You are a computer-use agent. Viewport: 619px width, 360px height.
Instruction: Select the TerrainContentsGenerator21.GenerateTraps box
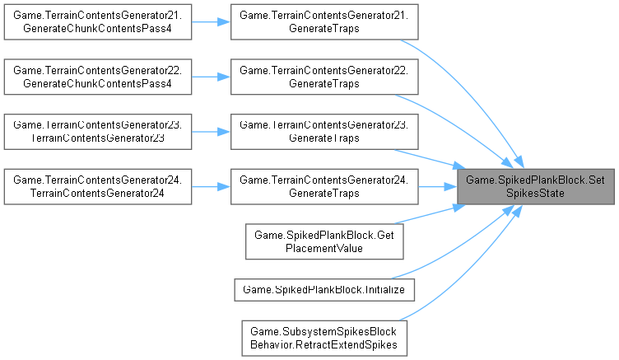[x=324, y=23]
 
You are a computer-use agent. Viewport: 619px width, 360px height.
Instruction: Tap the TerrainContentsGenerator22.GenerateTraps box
[x=324, y=77]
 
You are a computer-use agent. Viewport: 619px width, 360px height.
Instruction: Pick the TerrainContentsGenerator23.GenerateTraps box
[x=324, y=132]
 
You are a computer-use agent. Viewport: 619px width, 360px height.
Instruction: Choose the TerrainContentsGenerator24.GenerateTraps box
[x=324, y=185]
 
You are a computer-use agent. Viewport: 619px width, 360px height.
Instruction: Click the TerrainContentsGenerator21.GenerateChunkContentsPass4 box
[x=99, y=23]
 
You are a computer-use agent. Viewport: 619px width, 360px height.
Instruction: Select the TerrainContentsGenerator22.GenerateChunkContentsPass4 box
[x=99, y=77]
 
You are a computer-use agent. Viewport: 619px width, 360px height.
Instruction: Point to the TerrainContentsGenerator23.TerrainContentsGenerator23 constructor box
[x=99, y=132]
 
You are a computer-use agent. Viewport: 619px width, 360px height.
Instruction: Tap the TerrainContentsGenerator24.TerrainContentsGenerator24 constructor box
[x=99, y=185]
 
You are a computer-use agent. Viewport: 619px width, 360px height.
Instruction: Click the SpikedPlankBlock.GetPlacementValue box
[x=324, y=240]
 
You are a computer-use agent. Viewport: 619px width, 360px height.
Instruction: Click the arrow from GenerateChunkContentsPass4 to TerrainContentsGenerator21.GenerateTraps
[x=212, y=23]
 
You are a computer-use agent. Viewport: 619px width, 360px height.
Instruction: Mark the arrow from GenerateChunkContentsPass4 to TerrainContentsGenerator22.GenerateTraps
[x=212, y=77]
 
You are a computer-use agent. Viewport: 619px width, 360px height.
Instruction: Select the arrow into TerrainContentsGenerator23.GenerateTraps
[x=212, y=132]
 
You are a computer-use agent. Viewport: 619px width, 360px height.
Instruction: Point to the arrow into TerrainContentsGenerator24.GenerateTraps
[x=212, y=185]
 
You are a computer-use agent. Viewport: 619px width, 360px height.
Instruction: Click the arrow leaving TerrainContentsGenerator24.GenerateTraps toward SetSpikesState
[x=436, y=185]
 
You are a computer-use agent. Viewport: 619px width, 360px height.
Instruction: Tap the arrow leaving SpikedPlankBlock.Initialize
[x=444, y=251]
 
